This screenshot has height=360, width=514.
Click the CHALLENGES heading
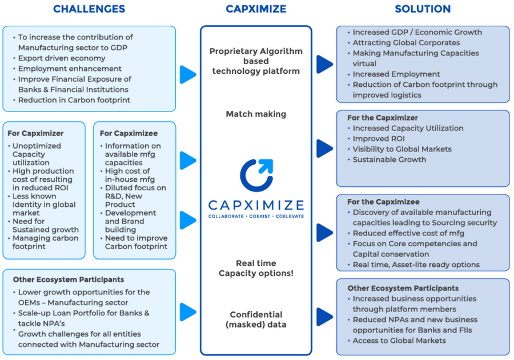click(x=89, y=9)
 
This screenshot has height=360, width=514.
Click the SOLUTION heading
click(x=423, y=9)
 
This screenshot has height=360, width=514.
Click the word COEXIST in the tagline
click(x=256, y=216)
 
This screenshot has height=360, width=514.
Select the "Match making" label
click(x=256, y=114)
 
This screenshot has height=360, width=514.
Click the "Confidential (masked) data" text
click(x=256, y=319)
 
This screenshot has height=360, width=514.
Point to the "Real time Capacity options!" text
click(x=256, y=268)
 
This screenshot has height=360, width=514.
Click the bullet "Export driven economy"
click(x=62, y=58)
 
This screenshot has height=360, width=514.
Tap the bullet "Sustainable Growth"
click(x=389, y=159)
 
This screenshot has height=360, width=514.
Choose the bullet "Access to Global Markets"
click(x=399, y=341)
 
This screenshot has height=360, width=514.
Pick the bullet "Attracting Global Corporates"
click(x=406, y=43)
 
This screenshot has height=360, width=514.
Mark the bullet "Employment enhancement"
click(x=70, y=69)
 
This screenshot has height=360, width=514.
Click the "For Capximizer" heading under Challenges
click(x=35, y=133)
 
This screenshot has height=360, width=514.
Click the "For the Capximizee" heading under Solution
click(x=383, y=202)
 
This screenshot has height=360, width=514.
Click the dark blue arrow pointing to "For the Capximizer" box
click(x=324, y=148)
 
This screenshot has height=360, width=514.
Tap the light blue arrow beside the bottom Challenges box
click(x=187, y=312)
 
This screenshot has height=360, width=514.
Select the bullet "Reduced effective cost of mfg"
click(x=408, y=233)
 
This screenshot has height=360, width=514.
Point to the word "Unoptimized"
click(x=36, y=146)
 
